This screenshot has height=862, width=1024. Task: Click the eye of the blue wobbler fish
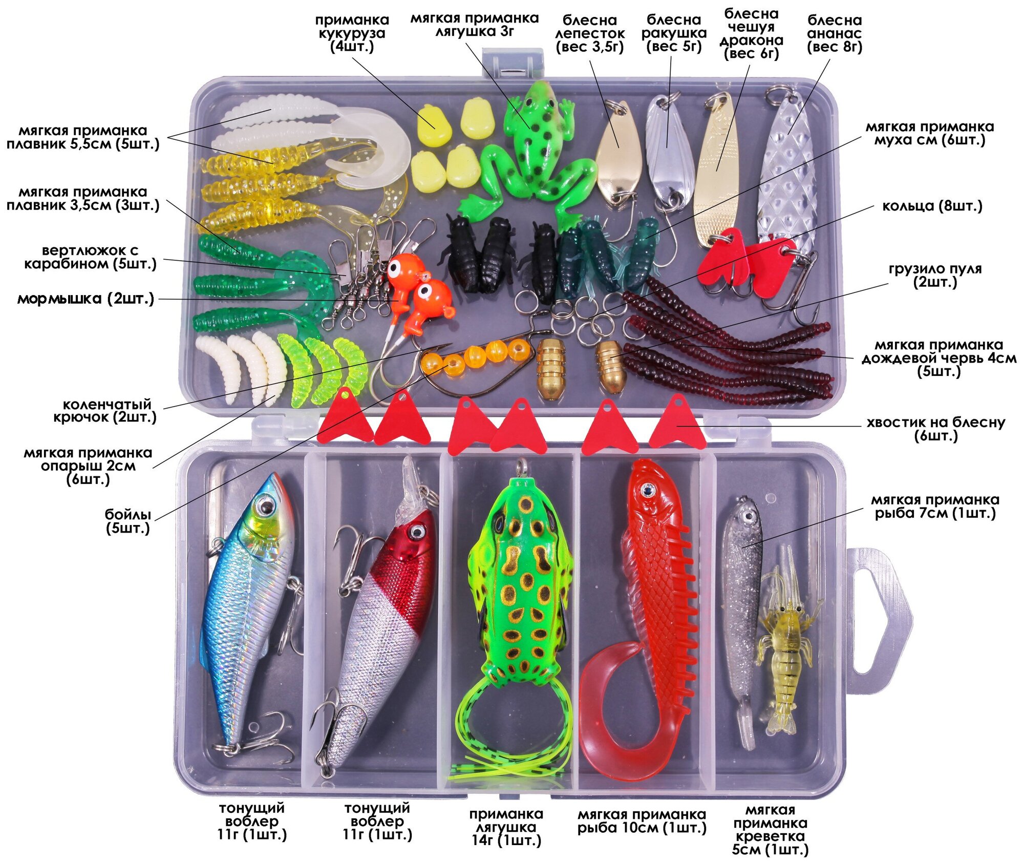click(x=265, y=506)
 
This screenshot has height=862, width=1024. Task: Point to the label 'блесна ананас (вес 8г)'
click(x=835, y=34)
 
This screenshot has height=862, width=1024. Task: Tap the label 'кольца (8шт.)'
click(x=932, y=206)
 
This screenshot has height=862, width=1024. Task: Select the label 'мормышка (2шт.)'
click(x=86, y=299)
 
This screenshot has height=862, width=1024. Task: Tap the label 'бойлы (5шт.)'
click(x=128, y=521)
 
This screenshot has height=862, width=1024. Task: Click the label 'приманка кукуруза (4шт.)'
click(x=352, y=34)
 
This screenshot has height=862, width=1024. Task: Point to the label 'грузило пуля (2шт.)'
click(x=935, y=276)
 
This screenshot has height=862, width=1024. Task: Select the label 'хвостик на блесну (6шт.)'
click(x=935, y=429)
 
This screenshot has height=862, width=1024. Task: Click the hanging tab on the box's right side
click(x=876, y=620)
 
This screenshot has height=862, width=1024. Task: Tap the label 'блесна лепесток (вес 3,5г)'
click(x=590, y=34)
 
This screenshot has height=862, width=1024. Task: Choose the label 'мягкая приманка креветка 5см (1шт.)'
click(x=770, y=830)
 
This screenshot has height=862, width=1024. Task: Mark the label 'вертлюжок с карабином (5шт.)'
click(x=90, y=257)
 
